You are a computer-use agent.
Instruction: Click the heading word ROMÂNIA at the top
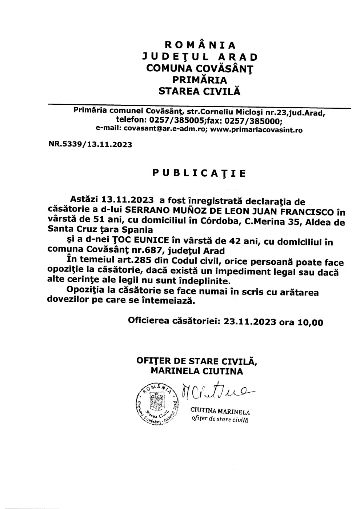200,45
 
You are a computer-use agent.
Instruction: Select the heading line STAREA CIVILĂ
200,91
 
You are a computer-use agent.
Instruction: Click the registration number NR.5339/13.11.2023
90,144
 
